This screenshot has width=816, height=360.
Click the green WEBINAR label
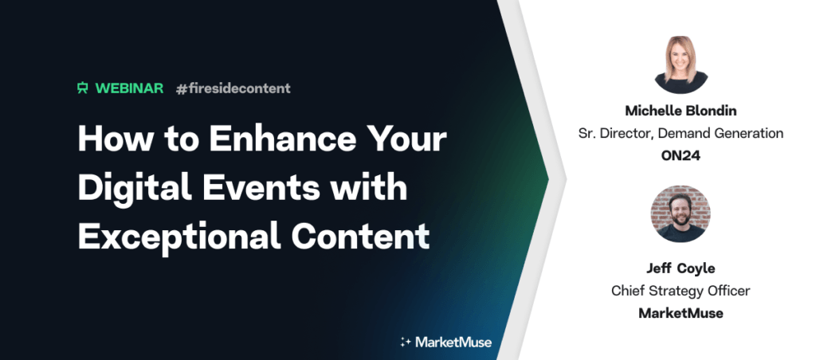[x=129, y=88]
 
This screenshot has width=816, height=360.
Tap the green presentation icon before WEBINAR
[x=83, y=88]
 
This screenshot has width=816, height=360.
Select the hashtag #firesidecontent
[x=233, y=88]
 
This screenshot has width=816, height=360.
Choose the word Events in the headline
[x=261, y=187]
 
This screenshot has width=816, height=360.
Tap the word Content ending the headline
[x=361, y=236]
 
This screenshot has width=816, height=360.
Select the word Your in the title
[x=406, y=139]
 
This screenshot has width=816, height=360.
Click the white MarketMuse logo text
[x=453, y=342]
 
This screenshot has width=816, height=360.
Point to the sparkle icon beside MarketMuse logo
[x=406, y=342]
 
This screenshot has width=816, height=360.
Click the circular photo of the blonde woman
[x=681, y=65]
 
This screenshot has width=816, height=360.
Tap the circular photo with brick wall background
[x=681, y=213]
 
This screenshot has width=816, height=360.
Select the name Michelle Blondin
[x=681, y=110]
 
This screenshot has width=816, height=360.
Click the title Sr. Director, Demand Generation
[x=681, y=133]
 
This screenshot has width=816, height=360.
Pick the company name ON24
[x=681, y=155]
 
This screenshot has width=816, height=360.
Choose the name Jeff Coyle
[x=681, y=268]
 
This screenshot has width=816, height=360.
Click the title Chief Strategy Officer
[x=681, y=290]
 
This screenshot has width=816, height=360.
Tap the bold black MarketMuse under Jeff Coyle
[x=681, y=313]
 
